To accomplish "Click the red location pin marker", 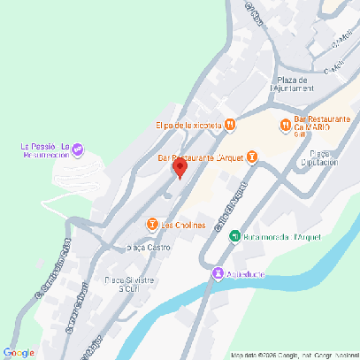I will point(179,168).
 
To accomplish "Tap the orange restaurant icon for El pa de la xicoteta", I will point(229,125).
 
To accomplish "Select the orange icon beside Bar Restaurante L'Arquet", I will point(251,157).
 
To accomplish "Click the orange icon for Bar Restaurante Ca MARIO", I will point(285,125).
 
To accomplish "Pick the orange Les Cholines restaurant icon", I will point(152,225).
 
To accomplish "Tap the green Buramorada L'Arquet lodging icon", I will point(234,236).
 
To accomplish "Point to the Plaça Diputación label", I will point(318,157).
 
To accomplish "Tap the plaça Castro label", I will point(149,248).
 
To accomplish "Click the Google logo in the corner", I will point(19,352).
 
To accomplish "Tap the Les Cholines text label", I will point(184,225).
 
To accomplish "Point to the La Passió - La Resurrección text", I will point(44,149).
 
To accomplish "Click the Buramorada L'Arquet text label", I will point(275,236).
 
